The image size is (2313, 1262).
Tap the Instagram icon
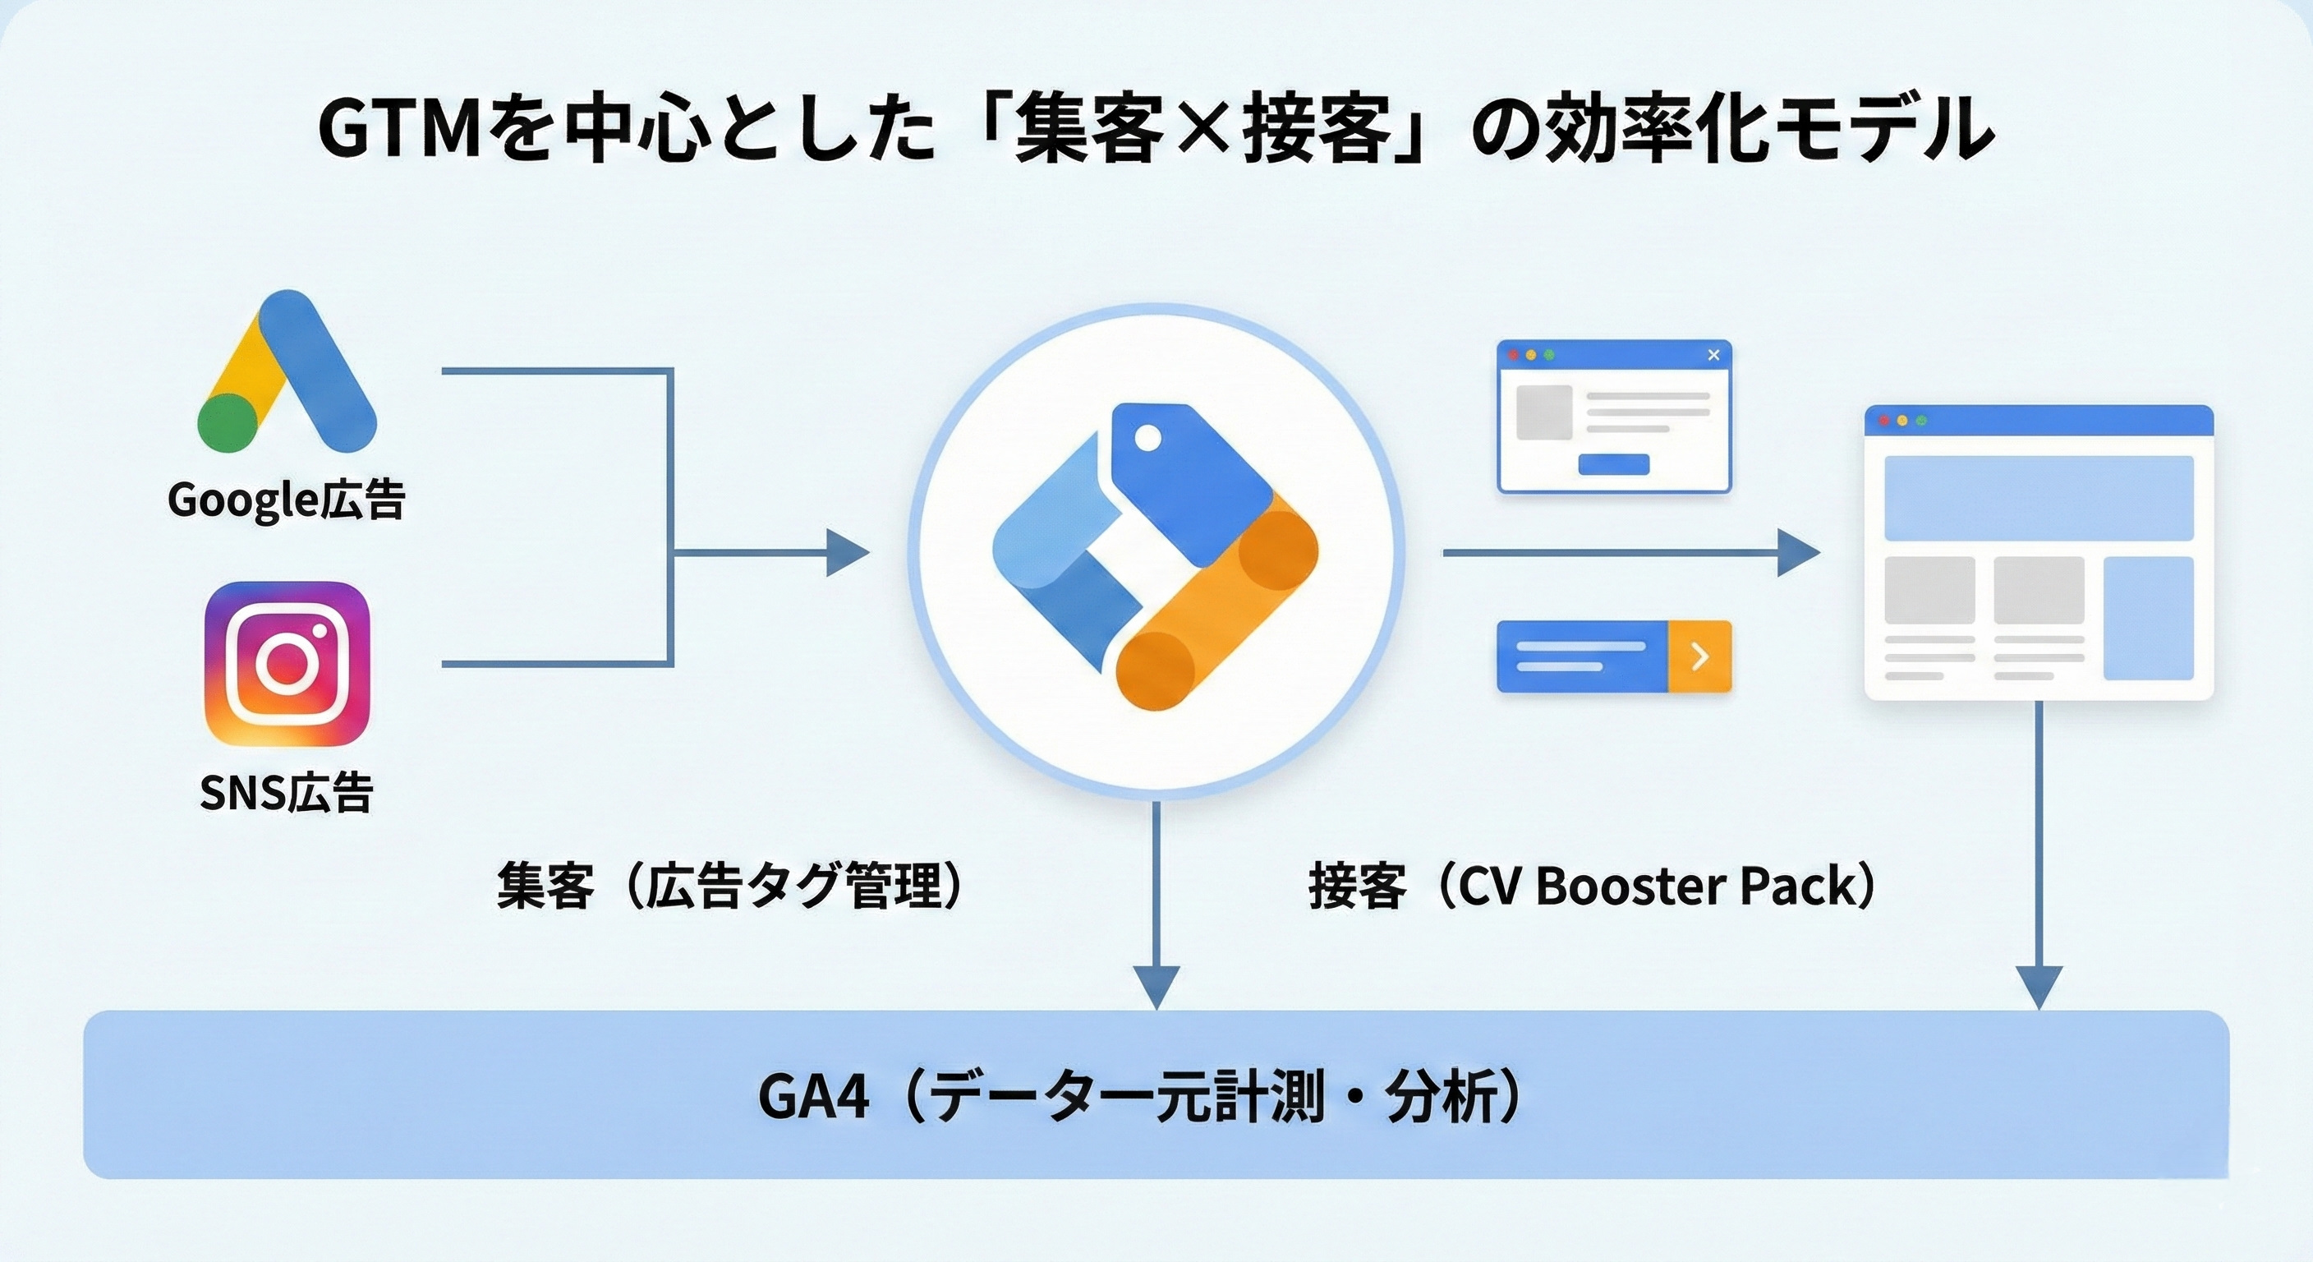point(287,664)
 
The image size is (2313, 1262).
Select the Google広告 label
point(287,500)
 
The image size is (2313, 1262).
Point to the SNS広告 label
point(287,792)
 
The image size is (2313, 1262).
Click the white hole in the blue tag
point(1147,439)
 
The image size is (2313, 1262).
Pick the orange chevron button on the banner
point(1699,656)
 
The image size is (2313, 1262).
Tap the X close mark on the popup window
point(1713,355)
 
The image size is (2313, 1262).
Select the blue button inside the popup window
point(1613,463)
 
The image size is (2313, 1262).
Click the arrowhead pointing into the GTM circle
point(846,551)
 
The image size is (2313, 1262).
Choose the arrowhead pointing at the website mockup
point(1796,552)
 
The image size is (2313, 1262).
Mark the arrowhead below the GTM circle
point(1156,986)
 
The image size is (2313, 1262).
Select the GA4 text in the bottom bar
point(813,1097)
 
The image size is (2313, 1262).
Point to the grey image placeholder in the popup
point(1544,412)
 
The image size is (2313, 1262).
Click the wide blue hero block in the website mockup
point(2038,498)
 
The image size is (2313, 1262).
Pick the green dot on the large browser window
point(1921,421)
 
